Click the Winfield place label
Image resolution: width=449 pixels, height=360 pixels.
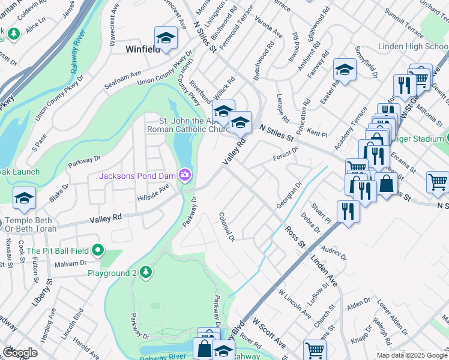[143, 49]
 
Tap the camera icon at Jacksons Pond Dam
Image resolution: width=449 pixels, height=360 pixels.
[185, 175]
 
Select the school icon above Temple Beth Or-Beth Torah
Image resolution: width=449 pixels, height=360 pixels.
[24, 197]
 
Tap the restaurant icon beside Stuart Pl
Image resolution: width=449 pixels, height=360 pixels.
[348, 211]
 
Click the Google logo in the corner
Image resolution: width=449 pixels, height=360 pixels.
[20, 353]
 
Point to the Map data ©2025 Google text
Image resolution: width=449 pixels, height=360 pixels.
[412, 355]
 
